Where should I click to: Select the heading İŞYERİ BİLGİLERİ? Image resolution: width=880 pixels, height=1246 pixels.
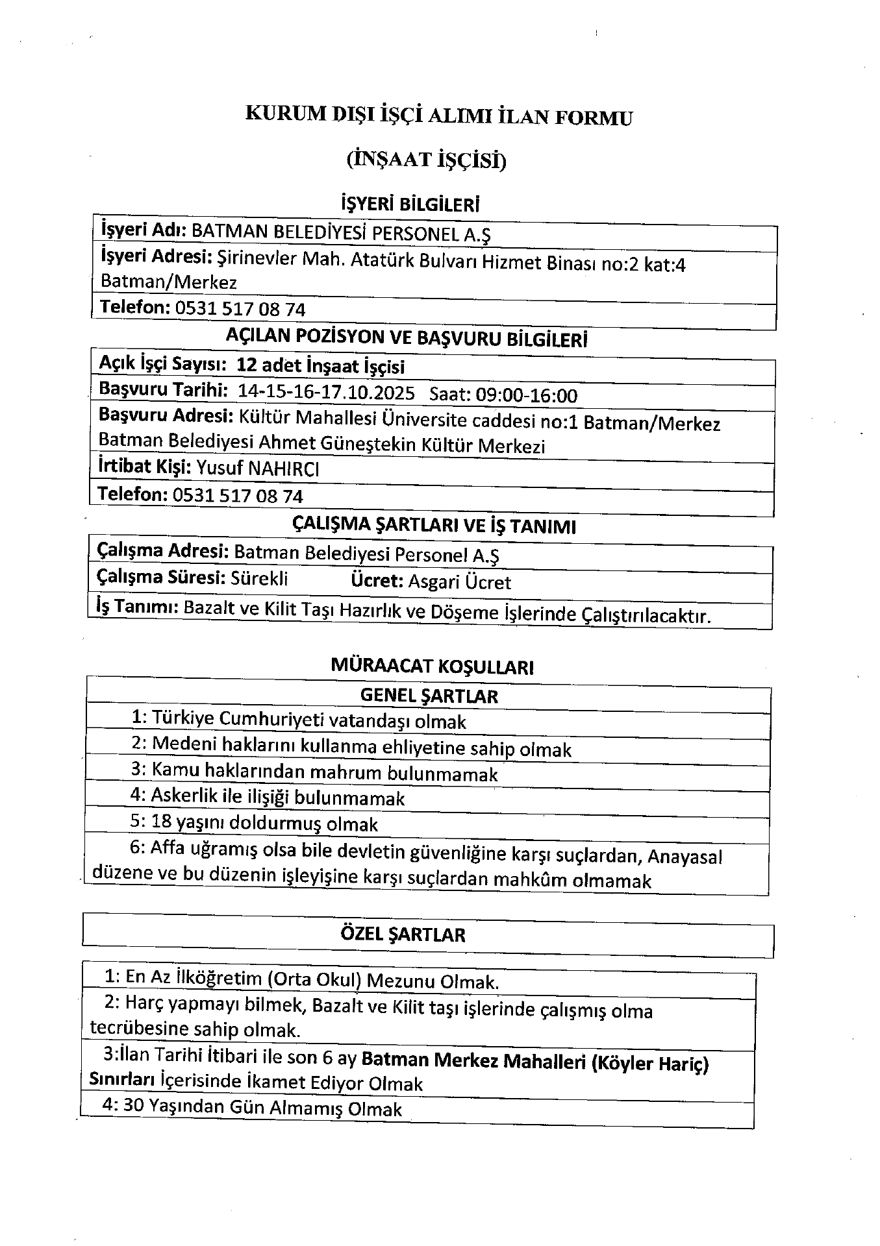[410, 205]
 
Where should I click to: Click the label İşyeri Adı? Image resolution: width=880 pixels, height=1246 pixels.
[144, 230]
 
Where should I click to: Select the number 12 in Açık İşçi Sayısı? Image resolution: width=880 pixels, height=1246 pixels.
[247, 365]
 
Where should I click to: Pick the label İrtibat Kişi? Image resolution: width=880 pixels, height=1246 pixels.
[144, 467]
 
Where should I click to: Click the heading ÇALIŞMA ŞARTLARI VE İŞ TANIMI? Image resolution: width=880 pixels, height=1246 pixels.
[434, 525]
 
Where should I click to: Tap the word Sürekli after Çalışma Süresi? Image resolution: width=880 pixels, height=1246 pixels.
[259, 578]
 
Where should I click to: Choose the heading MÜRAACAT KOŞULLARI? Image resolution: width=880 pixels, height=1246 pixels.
[432, 666]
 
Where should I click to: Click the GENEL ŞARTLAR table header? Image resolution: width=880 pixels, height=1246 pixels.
[429, 696]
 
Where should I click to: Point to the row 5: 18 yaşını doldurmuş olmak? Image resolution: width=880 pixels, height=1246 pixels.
[253, 824]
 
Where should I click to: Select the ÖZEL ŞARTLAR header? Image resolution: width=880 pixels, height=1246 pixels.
[403, 934]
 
